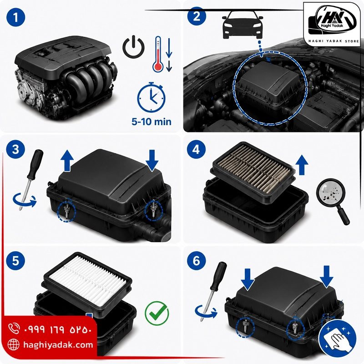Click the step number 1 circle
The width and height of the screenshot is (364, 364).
pyautogui.click(x=16, y=17)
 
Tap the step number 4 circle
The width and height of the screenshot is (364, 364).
pyautogui.click(x=196, y=149)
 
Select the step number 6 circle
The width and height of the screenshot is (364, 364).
pyautogui.click(x=197, y=260)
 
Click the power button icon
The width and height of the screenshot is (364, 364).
pyautogui.click(x=133, y=47)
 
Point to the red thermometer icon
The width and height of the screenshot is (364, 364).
pyautogui.click(x=158, y=54)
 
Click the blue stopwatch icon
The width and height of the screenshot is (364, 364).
pyautogui.click(x=152, y=97)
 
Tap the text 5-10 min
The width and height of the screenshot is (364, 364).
pyautogui.click(x=152, y=121)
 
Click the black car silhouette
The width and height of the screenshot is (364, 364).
pyautogui.click(x=243, y=25)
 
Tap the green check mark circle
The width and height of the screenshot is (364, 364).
pyautogui.click(x=157, y=313)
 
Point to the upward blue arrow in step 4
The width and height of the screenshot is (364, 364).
pyautogui.click(x=302, y=165)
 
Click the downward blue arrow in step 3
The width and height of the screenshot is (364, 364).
pyautogui.click(x=152, y=161)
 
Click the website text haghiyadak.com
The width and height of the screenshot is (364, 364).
pyautogui.click(x=58, y=344)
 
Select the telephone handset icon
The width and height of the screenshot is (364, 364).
pyautogui.click(x=14, y=328)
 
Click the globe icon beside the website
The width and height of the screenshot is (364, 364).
pyautogui.click(x=14, y=344)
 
